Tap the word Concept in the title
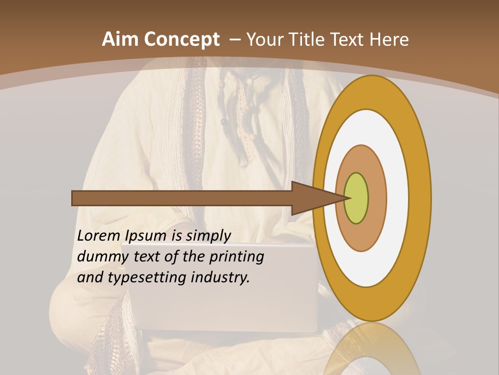pyautogui.click(x=181, y=40)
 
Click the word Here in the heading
pyautogui.click(x=388, y=40)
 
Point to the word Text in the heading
pyautogui.click(x=350, y=40)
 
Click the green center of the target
pyautogui.click(x=357, y=198)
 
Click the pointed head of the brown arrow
pyautogui.click(x=317, y=198)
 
